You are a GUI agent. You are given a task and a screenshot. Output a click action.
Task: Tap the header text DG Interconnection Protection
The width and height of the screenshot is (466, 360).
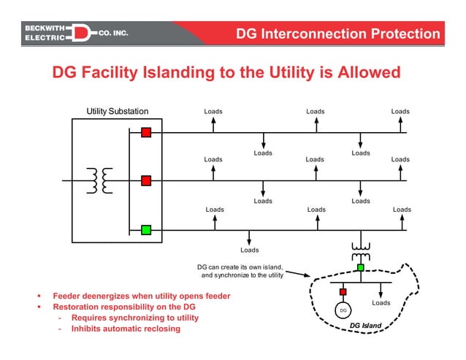[338, 34]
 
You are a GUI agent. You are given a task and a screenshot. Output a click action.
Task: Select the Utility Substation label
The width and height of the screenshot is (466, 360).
[117, 112]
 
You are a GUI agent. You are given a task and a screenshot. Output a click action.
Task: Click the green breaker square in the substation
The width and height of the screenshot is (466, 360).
[146, 230]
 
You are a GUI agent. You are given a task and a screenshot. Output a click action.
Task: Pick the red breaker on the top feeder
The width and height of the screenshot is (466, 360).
[146, 132]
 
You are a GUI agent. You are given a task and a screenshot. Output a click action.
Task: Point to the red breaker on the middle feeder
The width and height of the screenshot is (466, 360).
[146, 180]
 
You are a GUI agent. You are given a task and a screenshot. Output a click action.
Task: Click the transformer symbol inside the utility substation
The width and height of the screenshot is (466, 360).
[100, 180]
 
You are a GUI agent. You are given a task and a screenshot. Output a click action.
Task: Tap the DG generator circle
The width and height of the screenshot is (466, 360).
[342, 310]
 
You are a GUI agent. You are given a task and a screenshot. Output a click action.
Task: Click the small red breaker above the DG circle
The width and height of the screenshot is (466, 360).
[342, 292]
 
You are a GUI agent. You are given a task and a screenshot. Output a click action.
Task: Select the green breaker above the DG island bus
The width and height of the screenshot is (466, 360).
[360, 268]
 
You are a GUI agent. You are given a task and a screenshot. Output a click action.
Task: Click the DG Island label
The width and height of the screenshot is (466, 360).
[365, 325]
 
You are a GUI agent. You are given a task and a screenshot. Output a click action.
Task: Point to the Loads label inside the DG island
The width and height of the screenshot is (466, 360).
[381, 302]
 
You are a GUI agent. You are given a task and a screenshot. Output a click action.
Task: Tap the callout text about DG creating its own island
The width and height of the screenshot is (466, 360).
[242, 271]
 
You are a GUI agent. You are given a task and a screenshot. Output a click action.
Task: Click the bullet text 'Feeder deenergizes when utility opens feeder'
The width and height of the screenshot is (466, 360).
[141, 296]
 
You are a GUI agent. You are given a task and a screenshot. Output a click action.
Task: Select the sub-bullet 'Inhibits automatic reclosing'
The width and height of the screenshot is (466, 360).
[125, 329]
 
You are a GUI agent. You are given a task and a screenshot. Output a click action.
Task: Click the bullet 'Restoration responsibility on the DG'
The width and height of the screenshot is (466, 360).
[124, 307]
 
